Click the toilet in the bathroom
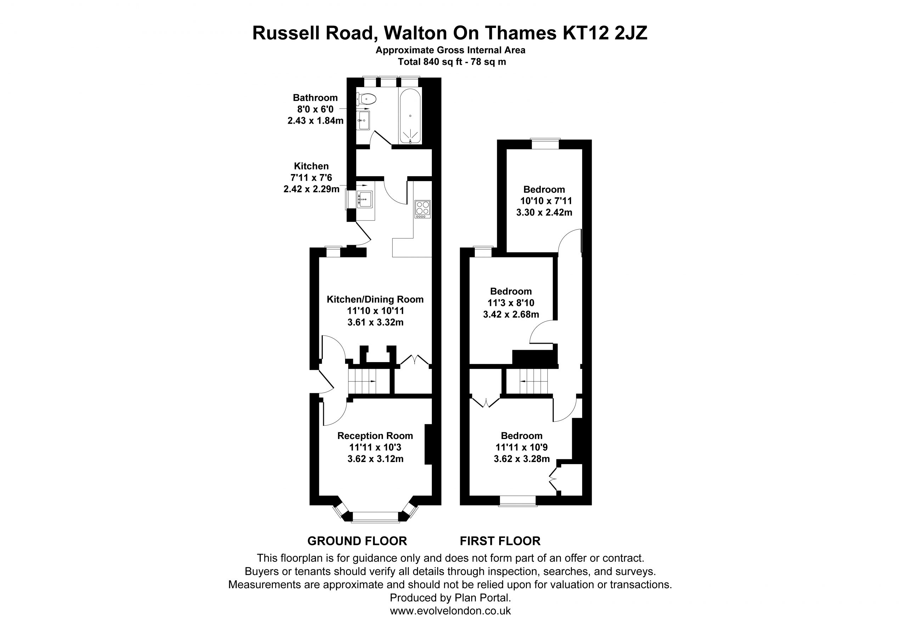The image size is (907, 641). coord(366,97)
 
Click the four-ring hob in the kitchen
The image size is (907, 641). coord(422,209)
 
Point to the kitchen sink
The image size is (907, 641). coord(365,199)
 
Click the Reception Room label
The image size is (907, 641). coord(375,436)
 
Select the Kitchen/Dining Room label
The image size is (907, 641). coord(375,299)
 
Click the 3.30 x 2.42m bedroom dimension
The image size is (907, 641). coord(544,212)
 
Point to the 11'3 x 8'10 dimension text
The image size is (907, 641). coord(511,303)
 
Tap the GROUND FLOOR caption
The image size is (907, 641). coord(357,541)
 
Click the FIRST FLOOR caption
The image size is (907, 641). coord(500,541)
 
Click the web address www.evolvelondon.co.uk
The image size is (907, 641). coord(450,611)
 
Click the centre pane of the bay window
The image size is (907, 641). coord(375,517)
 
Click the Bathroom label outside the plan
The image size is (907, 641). coord(315,97)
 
